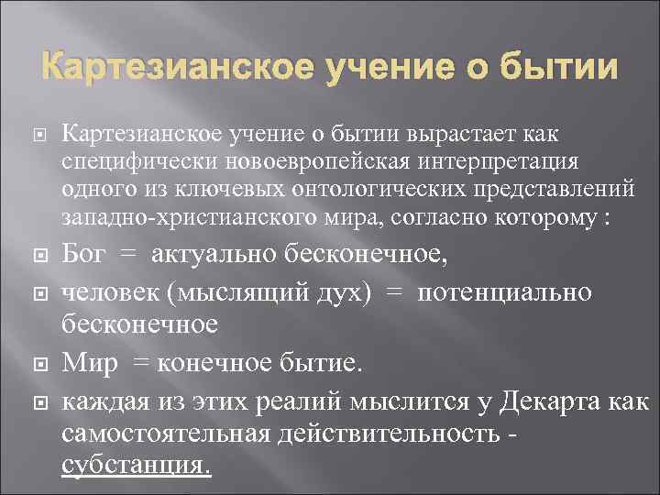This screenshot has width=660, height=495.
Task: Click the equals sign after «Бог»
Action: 131,254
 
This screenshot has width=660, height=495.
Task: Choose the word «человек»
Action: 104,291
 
